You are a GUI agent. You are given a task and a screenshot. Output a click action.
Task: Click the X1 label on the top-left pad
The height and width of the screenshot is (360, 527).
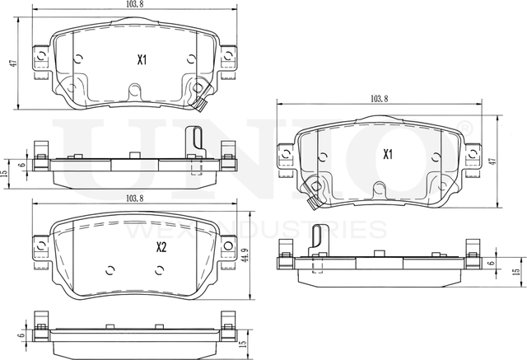(142, 59)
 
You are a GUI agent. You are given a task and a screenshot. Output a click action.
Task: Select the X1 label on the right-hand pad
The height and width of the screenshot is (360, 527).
(387, 154)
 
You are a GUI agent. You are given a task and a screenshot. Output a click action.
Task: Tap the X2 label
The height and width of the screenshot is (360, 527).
(162, 246)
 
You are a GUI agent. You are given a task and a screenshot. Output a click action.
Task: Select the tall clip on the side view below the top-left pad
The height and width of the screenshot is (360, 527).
(194, 146)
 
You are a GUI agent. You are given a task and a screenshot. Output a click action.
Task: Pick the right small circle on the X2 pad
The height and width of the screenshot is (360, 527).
(161, 269)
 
